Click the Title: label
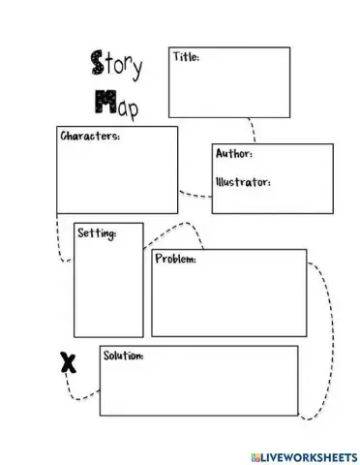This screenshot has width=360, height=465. (186, 57)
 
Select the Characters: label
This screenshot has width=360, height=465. (91, 137)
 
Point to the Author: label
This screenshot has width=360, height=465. (234, 154)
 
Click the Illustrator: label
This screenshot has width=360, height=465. (242, 181)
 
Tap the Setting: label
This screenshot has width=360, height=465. (97, 233)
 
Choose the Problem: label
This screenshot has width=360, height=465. (175, 260)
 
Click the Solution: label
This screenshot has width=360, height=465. (123, 356)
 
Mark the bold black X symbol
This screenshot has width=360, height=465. (66, 363)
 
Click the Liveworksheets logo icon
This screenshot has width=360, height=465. (254, 454)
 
